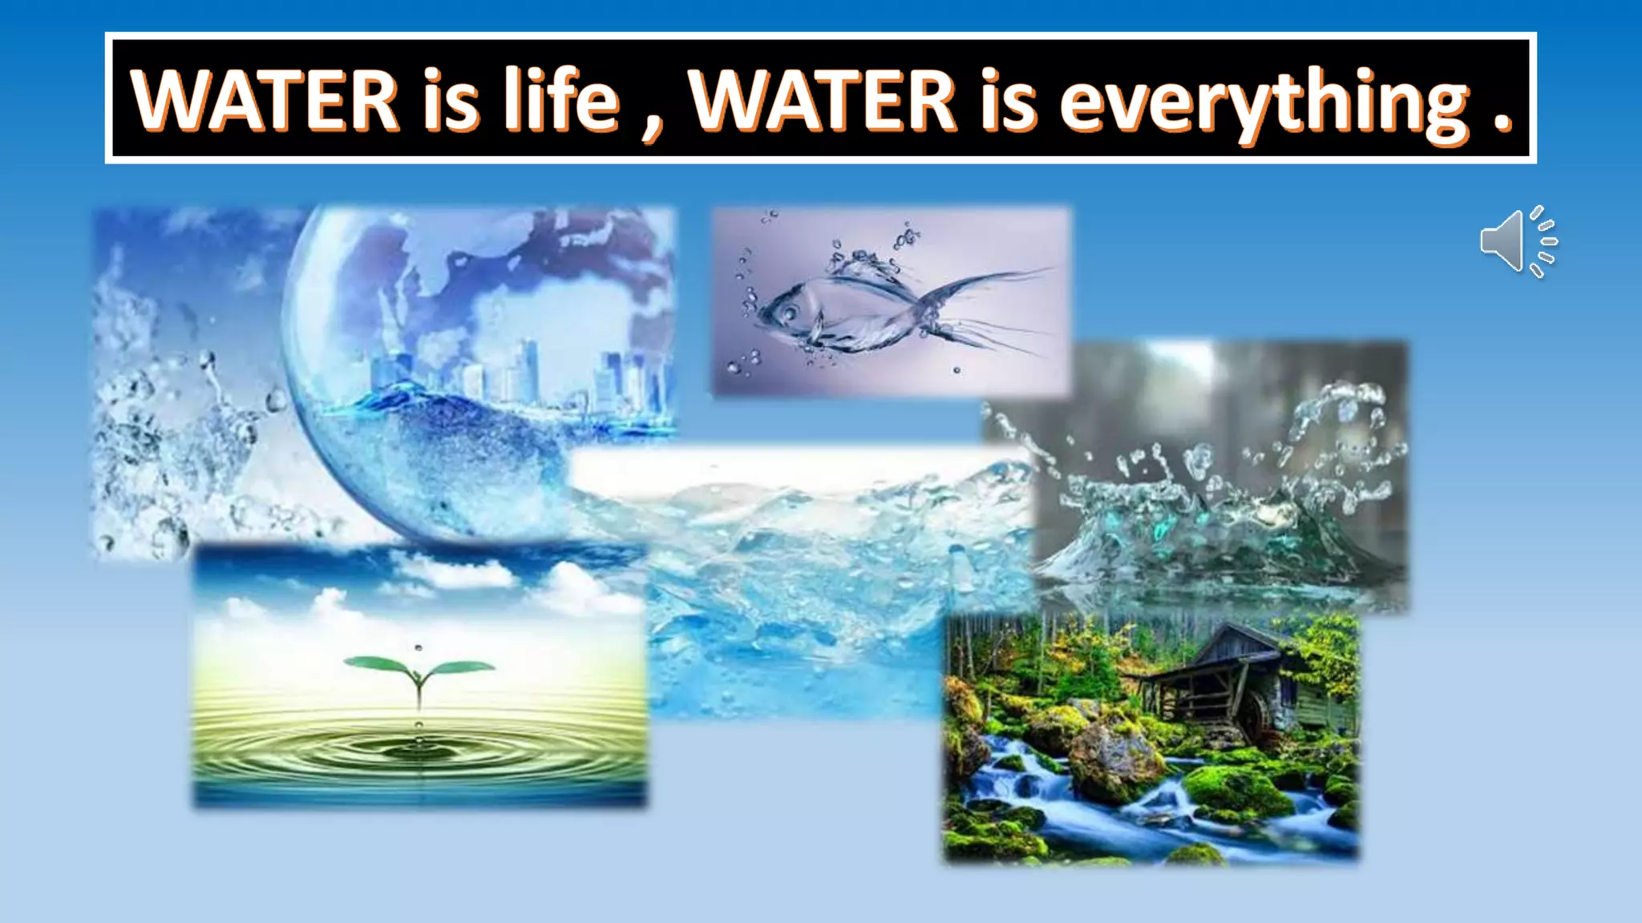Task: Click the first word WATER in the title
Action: tap(265, 101)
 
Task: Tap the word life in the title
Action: tap(561, 101)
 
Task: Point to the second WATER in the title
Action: tap(823, 101)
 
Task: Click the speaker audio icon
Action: tap(1517, 241)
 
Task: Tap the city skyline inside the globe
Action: tap(521, 377)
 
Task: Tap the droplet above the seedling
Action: tap(418, 647)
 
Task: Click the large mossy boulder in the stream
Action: tap(1114, 761)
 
